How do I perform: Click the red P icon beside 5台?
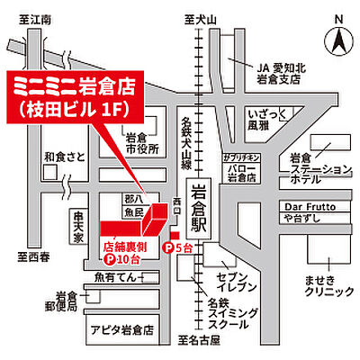(167, 247)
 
